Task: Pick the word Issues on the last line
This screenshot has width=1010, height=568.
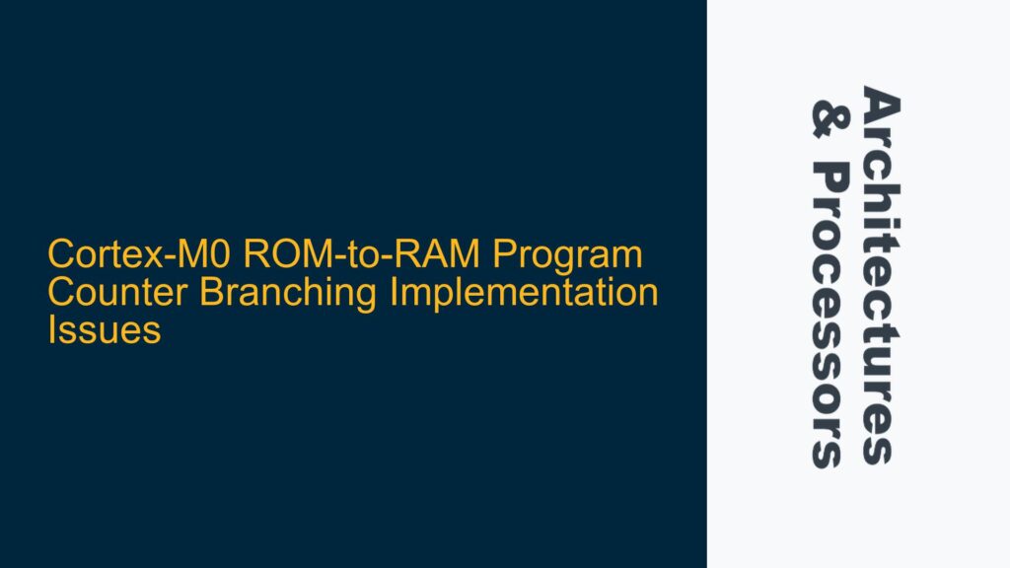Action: [104, 331]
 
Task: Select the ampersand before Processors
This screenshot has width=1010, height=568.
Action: [827, 116]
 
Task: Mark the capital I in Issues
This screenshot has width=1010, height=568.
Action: [52, 331]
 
